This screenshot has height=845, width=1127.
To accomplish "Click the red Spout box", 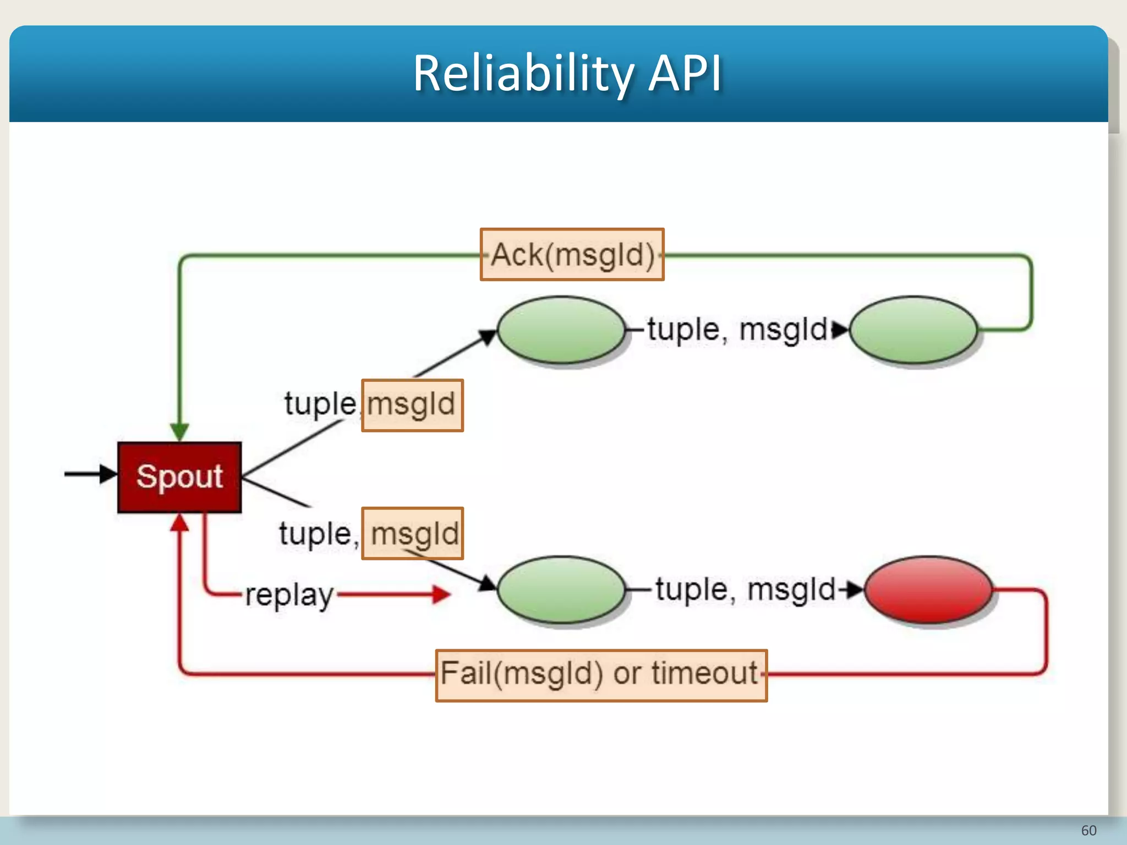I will pos(179,477).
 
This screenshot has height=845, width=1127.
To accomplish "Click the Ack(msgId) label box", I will pos(572,255).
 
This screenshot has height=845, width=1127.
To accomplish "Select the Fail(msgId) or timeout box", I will pos(601,675).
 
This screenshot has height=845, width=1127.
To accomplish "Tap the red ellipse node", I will pos(928,590).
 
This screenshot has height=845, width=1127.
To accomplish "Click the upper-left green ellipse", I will pos(561,330).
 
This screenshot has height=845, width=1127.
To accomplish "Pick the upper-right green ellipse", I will pos(913,330).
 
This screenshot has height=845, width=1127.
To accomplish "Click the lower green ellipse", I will pos(561,590).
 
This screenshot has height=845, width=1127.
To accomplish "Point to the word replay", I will pos(289,595).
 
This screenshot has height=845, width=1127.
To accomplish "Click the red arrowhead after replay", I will pos(442,594).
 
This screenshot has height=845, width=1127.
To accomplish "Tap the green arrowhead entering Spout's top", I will pos(179,431).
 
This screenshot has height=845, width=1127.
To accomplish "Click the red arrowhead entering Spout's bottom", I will pos(179,523).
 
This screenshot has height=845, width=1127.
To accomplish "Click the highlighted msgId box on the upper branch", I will pos(412,405).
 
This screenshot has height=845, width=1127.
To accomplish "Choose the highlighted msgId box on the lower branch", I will pos(412,533).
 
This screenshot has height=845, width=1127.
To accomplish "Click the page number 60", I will pos(1088,830).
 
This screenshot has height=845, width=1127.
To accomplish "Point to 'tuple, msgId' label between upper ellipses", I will pos(737,330).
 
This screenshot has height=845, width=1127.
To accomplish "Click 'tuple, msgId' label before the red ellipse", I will pos(746,590).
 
